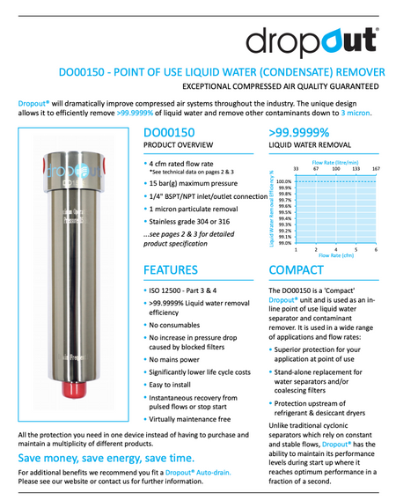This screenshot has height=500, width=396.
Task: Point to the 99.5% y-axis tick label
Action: (x=284, y=212)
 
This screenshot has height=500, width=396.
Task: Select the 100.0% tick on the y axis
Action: (x=283, y=180)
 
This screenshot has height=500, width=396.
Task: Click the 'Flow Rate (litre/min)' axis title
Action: (x=335, y=161)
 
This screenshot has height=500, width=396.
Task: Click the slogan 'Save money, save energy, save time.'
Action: (x=102, y=460)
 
